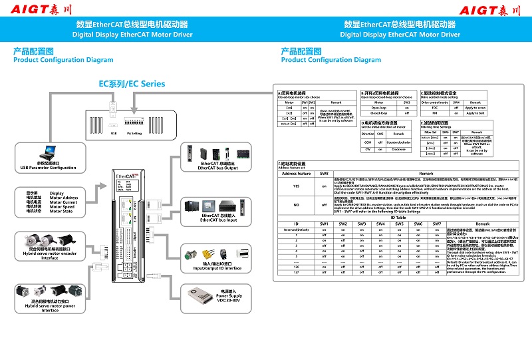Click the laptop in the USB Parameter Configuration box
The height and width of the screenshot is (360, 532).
pyautogui.click(x=47, y=152)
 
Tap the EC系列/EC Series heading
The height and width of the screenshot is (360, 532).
pyautogui.click(x=132, y=84)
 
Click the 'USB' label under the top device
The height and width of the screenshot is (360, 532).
pyautogui.click(x=114, y=133)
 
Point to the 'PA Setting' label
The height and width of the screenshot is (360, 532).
pyautogui.click(x=134, y=133)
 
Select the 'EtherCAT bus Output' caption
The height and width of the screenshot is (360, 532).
pyautogui.click(x=217, y=166)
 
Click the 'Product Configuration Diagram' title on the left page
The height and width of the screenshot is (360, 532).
pyautogui.click(x=63, y=60)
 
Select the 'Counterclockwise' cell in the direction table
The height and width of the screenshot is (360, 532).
pyautogui.click(x=398, y=142)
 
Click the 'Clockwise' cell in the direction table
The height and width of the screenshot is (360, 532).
pyautogui.click(x=398, y=149)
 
